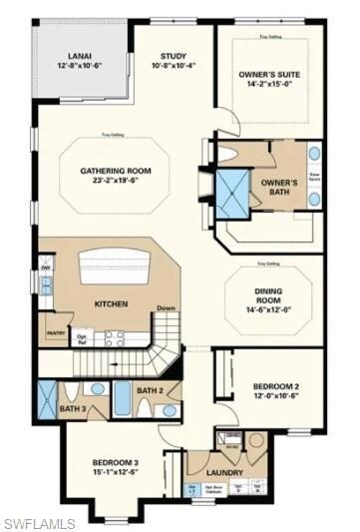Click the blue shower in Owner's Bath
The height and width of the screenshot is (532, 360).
coord(235,188)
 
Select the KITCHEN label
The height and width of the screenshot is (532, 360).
coord(109,302)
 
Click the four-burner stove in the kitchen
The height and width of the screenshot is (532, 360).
coord(115,337)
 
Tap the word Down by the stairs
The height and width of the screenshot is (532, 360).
coord(167,308)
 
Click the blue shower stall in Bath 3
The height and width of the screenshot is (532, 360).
coord(46,399)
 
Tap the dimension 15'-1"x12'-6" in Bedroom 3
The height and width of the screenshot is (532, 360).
coord(115,473)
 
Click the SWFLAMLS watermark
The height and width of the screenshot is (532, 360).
coord(39,521)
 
